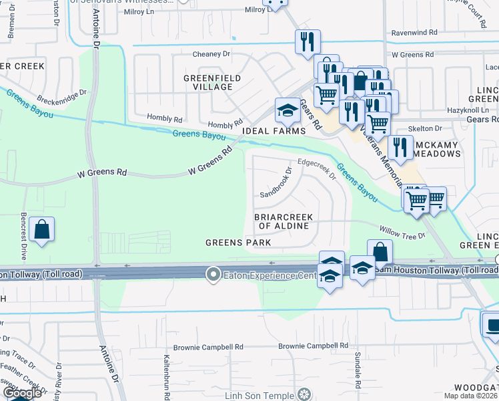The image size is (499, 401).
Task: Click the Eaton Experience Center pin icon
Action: [213, 275]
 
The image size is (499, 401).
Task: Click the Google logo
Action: [23, 393]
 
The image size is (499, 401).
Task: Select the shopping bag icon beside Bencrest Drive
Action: [41, 230]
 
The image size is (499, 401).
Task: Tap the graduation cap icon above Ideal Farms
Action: [288, 110]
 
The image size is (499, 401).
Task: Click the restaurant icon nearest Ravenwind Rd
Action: [308, 41]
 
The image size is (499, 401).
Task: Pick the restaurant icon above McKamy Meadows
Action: [400, 148]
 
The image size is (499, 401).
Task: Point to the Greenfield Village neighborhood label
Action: [212, 83]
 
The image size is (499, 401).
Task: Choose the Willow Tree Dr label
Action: [402, 231]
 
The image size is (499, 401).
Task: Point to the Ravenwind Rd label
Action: [414, 31]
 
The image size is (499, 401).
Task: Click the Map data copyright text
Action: [470, 396]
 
